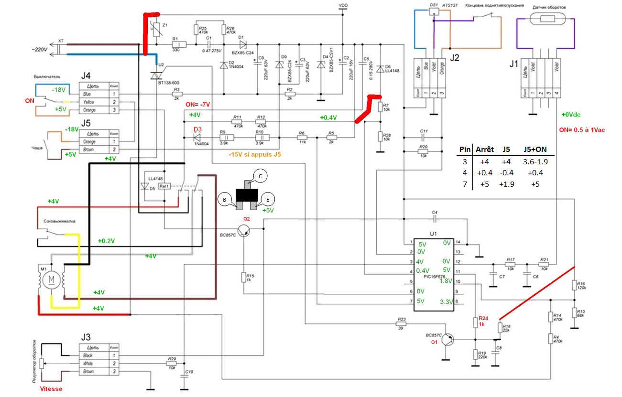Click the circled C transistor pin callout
260,175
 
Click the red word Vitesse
51,389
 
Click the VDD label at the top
343,5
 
